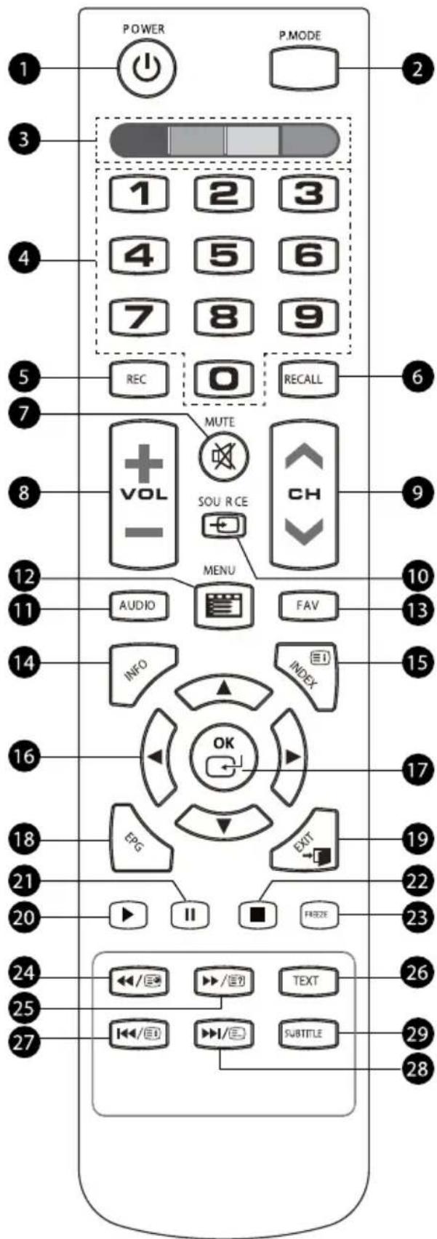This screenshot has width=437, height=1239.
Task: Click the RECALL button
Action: click(302, 379)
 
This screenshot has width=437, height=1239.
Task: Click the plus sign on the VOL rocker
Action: click(143, 460)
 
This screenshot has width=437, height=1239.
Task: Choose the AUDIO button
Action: click(137, 605)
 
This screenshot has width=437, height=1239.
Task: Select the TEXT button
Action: click(305, 980)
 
